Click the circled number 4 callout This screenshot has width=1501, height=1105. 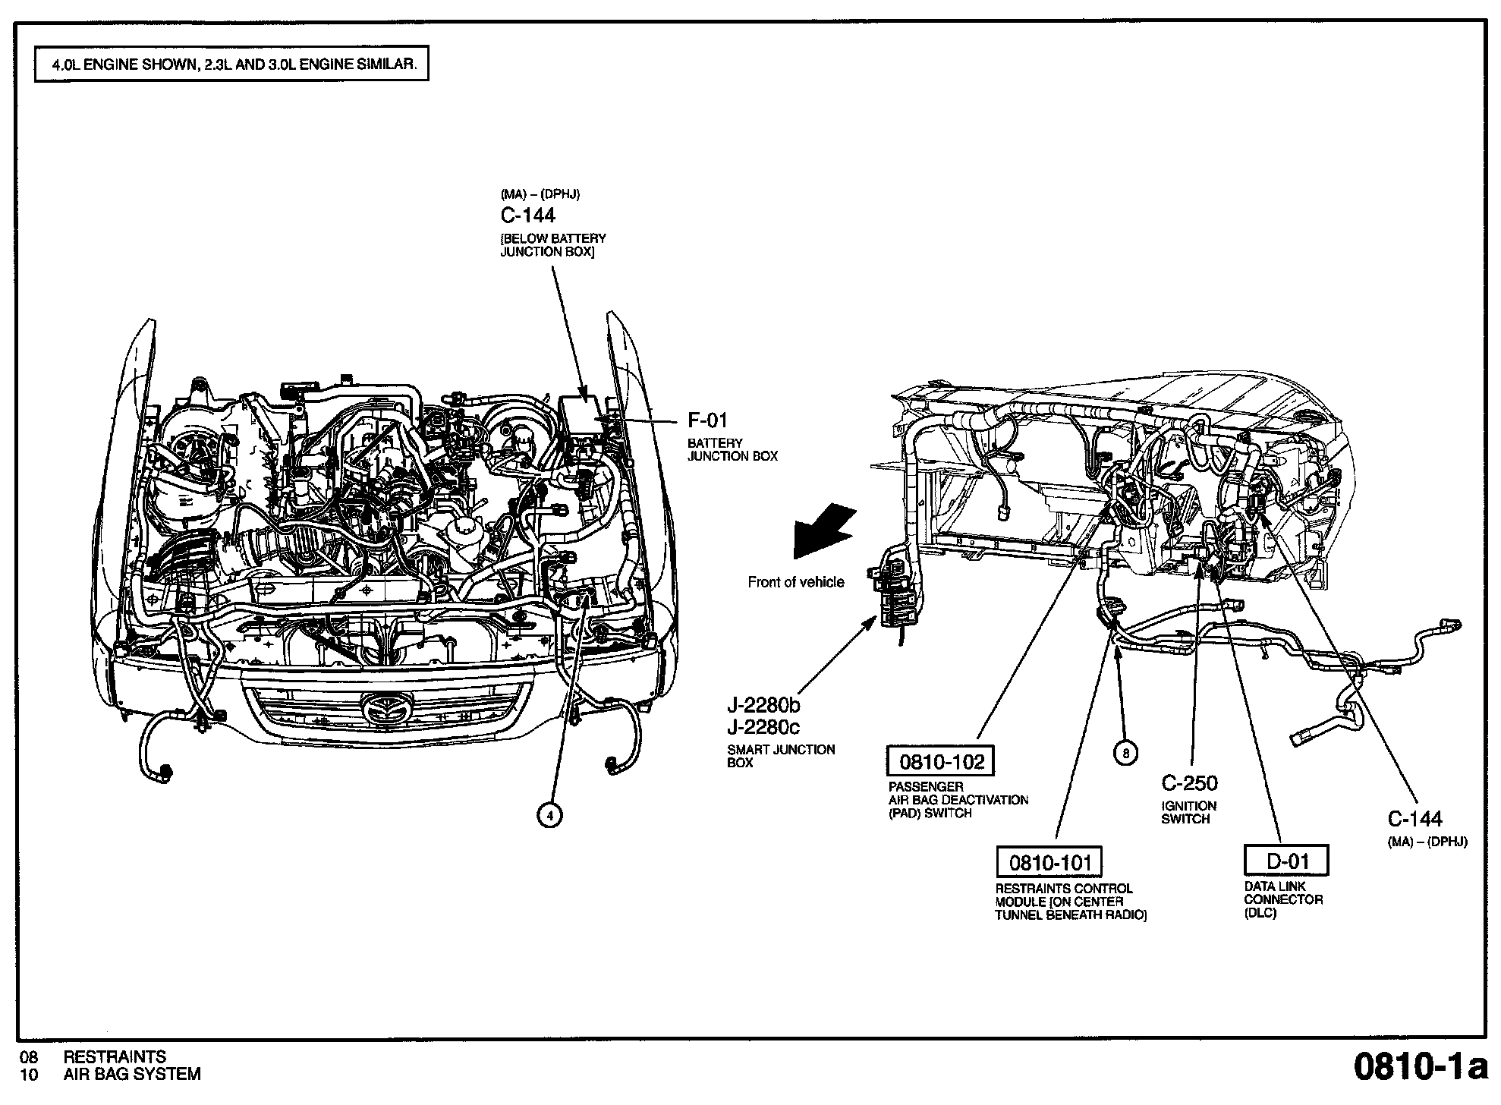[549, 815]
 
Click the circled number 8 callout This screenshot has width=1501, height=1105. [1126, 753]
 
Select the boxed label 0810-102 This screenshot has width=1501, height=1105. [941, 761]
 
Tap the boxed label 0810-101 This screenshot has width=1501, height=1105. [1049, 862]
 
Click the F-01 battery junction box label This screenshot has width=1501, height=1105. [707, 420]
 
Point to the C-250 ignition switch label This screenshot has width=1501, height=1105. [1189, 783]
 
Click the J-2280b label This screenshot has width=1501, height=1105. [763, 706]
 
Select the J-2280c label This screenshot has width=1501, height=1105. [763, 727]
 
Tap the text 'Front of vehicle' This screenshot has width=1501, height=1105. [795, 582]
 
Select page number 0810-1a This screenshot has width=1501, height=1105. [1420, 1066]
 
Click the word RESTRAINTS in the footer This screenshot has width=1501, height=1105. [115, 1056]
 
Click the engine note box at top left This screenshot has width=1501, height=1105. [232, 65]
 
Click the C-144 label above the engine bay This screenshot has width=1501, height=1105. [528, 216]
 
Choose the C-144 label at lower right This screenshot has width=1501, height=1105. [1415, 818]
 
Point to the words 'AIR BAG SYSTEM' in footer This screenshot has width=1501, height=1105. [132, 1074]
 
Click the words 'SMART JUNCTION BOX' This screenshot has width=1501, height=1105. [780, 756]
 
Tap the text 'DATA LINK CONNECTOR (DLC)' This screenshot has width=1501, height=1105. [1283, 899]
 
